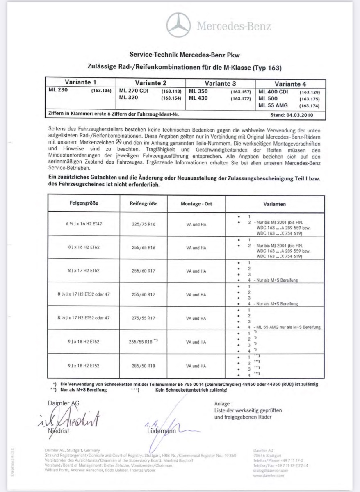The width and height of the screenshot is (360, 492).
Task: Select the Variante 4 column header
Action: coord(290,83)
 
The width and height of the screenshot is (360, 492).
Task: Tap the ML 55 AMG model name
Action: coord(272,105)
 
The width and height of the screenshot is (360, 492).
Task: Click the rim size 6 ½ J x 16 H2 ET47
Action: coord(83,224)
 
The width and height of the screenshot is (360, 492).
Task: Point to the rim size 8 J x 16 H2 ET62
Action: coord(83,248)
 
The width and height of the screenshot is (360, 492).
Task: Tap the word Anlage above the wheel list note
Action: coord(223,403)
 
